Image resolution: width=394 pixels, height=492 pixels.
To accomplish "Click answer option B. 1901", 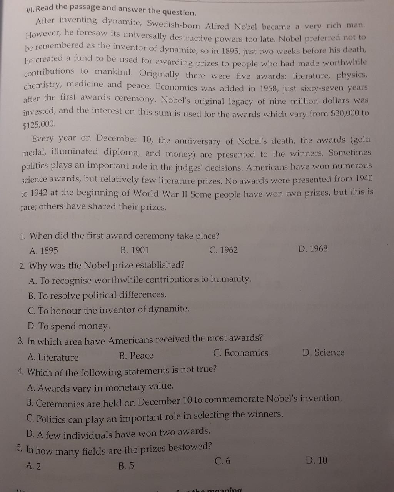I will (x=134, y=250).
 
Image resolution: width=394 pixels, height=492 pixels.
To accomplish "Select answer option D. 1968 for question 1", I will (x=313, y=249).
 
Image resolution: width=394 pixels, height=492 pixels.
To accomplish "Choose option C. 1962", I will (x=224, y=250).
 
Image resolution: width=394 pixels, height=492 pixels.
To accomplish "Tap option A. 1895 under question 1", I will (x=43, y=251).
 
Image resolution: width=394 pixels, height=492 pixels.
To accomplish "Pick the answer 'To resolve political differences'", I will (x=97, y=295).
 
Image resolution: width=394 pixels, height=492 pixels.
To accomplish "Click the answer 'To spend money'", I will (x=69, y=326).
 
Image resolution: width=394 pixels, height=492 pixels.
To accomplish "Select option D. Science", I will (x=323, y=352).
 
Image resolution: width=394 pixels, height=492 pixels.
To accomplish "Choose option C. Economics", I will (x=240, y=353).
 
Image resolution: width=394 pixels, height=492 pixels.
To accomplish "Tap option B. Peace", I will (x=136, y=356).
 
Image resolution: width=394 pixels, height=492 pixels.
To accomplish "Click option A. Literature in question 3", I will (x=53, y=357).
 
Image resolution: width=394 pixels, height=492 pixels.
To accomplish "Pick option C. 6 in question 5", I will (x=223, y=461).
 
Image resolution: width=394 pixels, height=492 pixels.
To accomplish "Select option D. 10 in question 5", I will (x=316, y=460).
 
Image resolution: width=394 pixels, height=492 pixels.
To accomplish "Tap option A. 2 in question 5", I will (x=33, y=466).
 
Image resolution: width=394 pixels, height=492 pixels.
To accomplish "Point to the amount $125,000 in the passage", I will (x=39, y=125).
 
